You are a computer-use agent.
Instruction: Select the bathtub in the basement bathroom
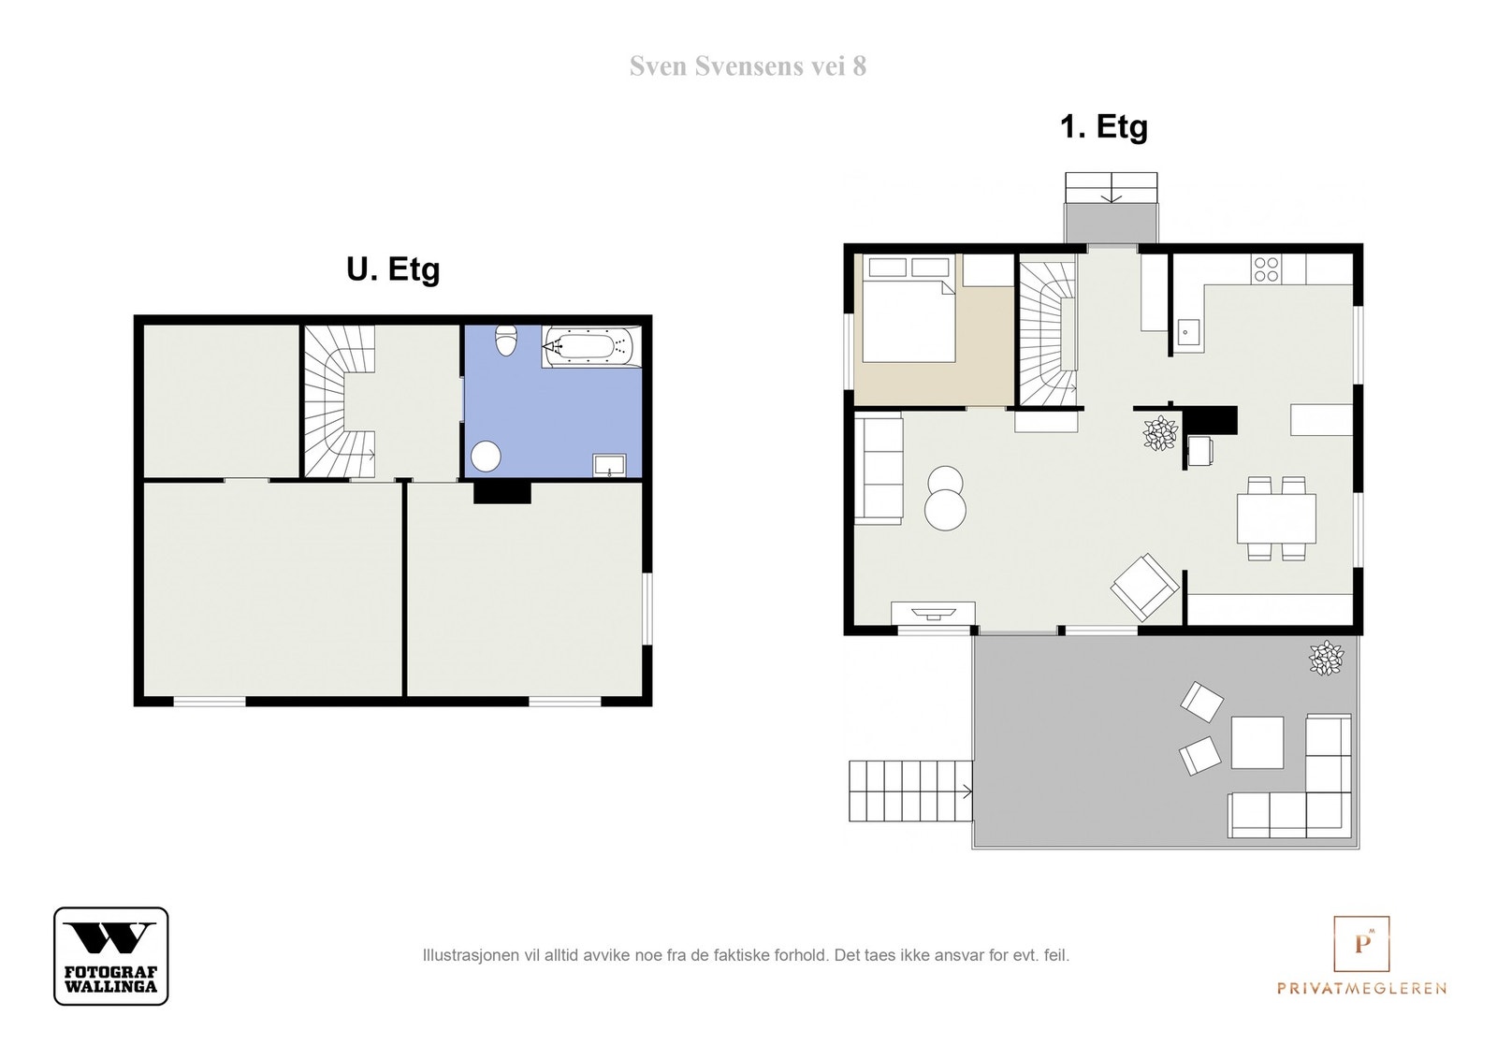click(x=591, y=347)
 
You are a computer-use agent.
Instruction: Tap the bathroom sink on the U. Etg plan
click(x=609, y=465)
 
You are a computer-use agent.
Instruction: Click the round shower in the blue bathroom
click(x=486, y=457)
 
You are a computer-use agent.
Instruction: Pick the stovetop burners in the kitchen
click(x=1266, y=269)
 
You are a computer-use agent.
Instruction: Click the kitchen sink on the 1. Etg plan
click(x=1188, y=332)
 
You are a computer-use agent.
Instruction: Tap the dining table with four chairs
click(x=1276, y=518)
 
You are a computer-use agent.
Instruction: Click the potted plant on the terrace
click(x=1326, y=658)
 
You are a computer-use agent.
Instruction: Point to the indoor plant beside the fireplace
click(x=1161, y=434)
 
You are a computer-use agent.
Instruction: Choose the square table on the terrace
click(x=1257, y=742)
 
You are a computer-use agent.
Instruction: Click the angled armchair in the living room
click(x=1144, y=587)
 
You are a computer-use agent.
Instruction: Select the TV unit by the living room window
click(x=933, y=612)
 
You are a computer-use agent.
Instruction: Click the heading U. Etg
click(x=393, y=269)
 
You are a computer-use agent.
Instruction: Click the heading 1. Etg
click(x=1104, y=127)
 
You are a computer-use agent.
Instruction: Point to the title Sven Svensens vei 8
click(x=748, y=66)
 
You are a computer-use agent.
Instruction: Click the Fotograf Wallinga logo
click(x=111, y=956)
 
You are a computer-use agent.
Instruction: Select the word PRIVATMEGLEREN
click(x=1362, y=988)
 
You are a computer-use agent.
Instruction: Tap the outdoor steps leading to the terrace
click(x=911, y=791)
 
